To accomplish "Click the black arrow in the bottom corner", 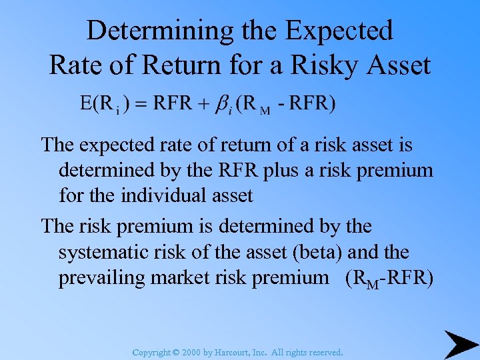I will click(x=461, y=343).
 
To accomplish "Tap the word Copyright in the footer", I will click(x=151, y=352).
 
